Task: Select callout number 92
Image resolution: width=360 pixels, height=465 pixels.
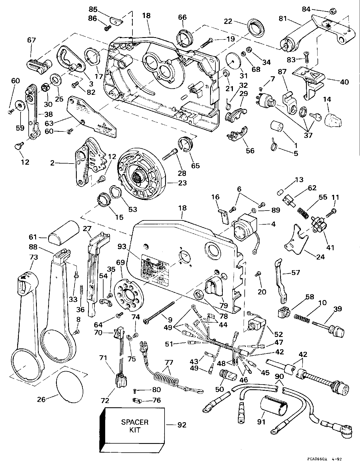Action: coord(182,424)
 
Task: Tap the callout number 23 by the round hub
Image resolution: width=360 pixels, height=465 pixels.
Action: coord(183,183)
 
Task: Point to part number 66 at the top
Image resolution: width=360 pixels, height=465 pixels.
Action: coord(182,17)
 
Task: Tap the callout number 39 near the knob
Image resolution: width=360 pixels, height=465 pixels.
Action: coord(337,309)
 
